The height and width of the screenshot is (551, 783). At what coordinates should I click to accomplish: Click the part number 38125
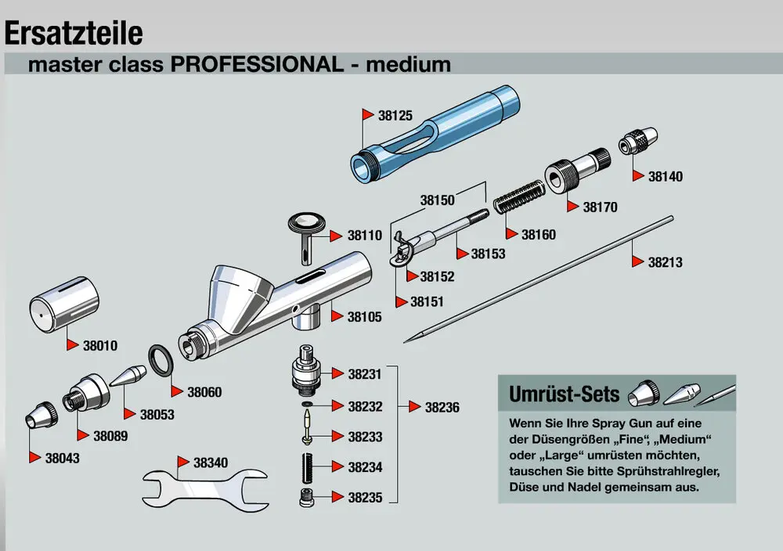[x=395, y=115]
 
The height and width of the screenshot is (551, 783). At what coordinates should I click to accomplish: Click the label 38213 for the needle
[x=665, y=263]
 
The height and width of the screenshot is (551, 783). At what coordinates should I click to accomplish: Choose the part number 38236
[x=442, y=408]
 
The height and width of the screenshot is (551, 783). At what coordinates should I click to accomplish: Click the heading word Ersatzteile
[x=74, y=33]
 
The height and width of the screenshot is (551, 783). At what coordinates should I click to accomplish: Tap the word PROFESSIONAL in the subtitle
[x=255, y=64]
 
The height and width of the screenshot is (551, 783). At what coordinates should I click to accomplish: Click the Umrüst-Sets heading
[x=564, y=393]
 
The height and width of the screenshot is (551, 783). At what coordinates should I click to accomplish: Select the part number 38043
[x=62, y=458]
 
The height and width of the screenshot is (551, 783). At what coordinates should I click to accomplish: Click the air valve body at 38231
[x=305, y=371]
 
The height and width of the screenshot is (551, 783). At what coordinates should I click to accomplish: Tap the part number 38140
[x=665, y=177]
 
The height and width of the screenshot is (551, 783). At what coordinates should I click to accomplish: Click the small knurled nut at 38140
[x=635, y=144]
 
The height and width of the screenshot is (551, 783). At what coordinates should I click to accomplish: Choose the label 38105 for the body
[x=365, y=317]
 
